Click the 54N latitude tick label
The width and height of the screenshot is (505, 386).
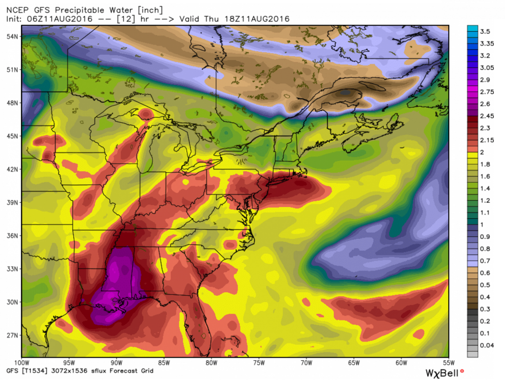13,36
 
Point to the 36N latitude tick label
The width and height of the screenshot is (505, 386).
13,235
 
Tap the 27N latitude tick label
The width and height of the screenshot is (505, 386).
13,335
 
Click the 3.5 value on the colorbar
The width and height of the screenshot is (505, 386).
485,31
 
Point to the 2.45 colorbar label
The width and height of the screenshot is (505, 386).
487,116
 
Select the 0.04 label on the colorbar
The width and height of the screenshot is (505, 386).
487,346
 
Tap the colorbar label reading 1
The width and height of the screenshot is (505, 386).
483,225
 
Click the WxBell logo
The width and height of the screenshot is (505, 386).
445,373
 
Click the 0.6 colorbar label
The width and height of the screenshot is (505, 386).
485,273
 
